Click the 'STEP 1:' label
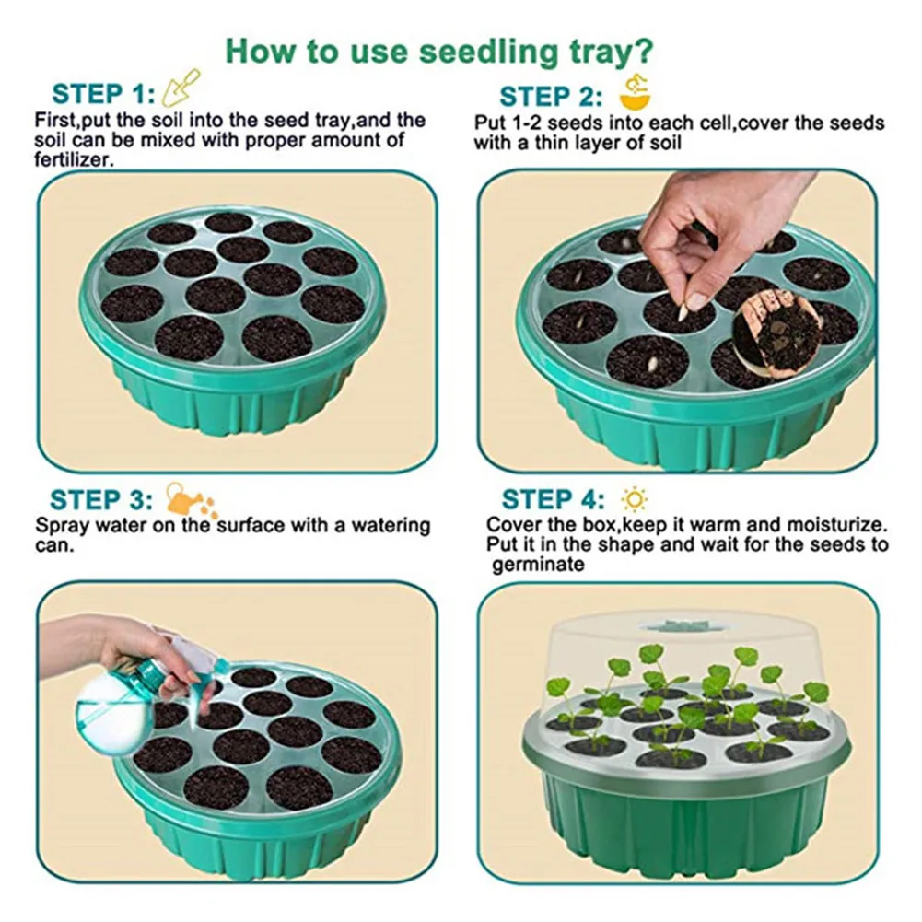pyautogui.click(x=99, y=94)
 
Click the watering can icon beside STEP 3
pyautogui.click(x=189, y=498)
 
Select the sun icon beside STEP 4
pyautogui.click(x=634, y=499)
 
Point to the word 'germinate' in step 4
pyautogui.click(x=537, y=565)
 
